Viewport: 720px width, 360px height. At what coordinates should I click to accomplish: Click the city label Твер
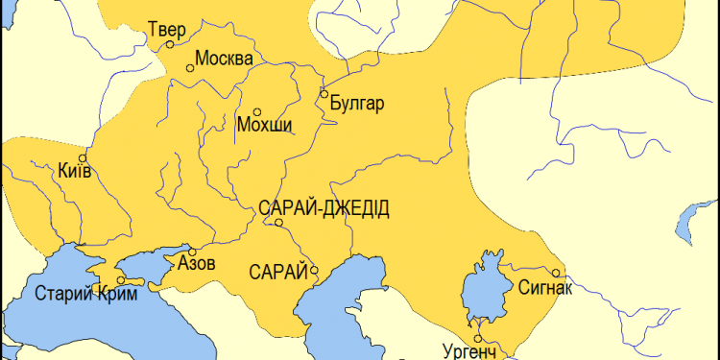click(167, 28)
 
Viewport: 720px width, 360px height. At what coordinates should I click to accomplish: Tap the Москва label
click(224, 59)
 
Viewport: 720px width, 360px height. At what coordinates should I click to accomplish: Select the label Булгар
click(356, 104)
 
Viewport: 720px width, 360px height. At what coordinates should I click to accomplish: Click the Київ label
click(75, 172)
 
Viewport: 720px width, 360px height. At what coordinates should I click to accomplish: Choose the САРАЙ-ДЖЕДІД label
click(324, 208)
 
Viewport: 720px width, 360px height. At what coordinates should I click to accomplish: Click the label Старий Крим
click(80, 294)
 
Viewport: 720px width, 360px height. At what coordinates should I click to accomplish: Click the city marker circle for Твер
click(170, 44)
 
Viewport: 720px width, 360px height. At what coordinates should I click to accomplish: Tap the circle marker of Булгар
click(324, 94)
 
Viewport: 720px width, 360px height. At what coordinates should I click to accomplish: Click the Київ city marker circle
click(83, 158)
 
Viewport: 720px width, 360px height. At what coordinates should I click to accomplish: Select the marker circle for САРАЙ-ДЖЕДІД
click(278, 223)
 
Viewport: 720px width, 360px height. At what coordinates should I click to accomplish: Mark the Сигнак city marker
click(558, 272)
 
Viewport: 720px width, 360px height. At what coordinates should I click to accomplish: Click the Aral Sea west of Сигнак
click(481, 288)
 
